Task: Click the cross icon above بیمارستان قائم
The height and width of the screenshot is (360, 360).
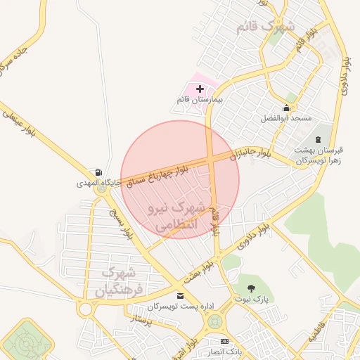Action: [x=200, y=89]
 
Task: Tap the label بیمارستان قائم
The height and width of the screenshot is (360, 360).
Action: [x=199, y=101]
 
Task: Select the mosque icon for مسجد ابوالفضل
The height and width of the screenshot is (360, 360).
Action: [x=286, y=108]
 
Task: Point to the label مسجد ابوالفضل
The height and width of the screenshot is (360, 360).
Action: [x=286, y=119]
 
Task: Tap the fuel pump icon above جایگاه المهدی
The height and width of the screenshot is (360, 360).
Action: [x=98, y=172]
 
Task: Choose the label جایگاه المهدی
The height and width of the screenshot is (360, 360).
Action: [x=99, y=183]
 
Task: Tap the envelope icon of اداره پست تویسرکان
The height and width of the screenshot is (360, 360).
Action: [x=181, y=296]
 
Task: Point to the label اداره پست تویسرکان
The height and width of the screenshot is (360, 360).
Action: [x=181, y=307]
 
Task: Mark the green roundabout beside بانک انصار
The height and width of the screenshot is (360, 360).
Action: [x=215, y=322]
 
